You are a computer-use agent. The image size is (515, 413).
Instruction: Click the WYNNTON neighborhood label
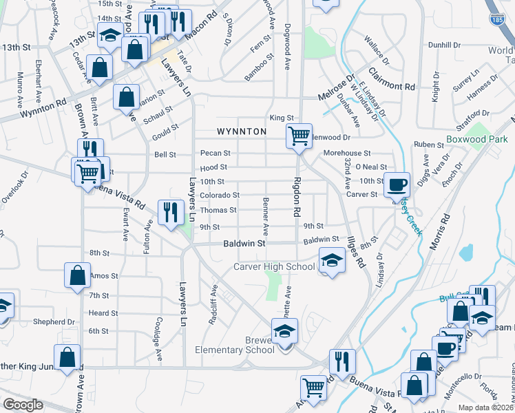coord(241,131)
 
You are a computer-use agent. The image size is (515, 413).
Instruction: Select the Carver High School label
coord(274,266)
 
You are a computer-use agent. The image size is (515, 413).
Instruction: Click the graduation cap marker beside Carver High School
coord(331,262)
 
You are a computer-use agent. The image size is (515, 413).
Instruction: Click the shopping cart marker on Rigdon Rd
coord(299,136)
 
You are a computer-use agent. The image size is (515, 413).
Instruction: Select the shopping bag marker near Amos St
coord(78,275)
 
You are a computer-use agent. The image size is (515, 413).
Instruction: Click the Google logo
coord(23,405)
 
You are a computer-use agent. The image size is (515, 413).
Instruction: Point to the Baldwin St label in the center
coord(244,244)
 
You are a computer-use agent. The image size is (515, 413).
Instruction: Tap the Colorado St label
coord(219,195)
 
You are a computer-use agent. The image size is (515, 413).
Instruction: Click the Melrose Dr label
coord(335,86)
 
